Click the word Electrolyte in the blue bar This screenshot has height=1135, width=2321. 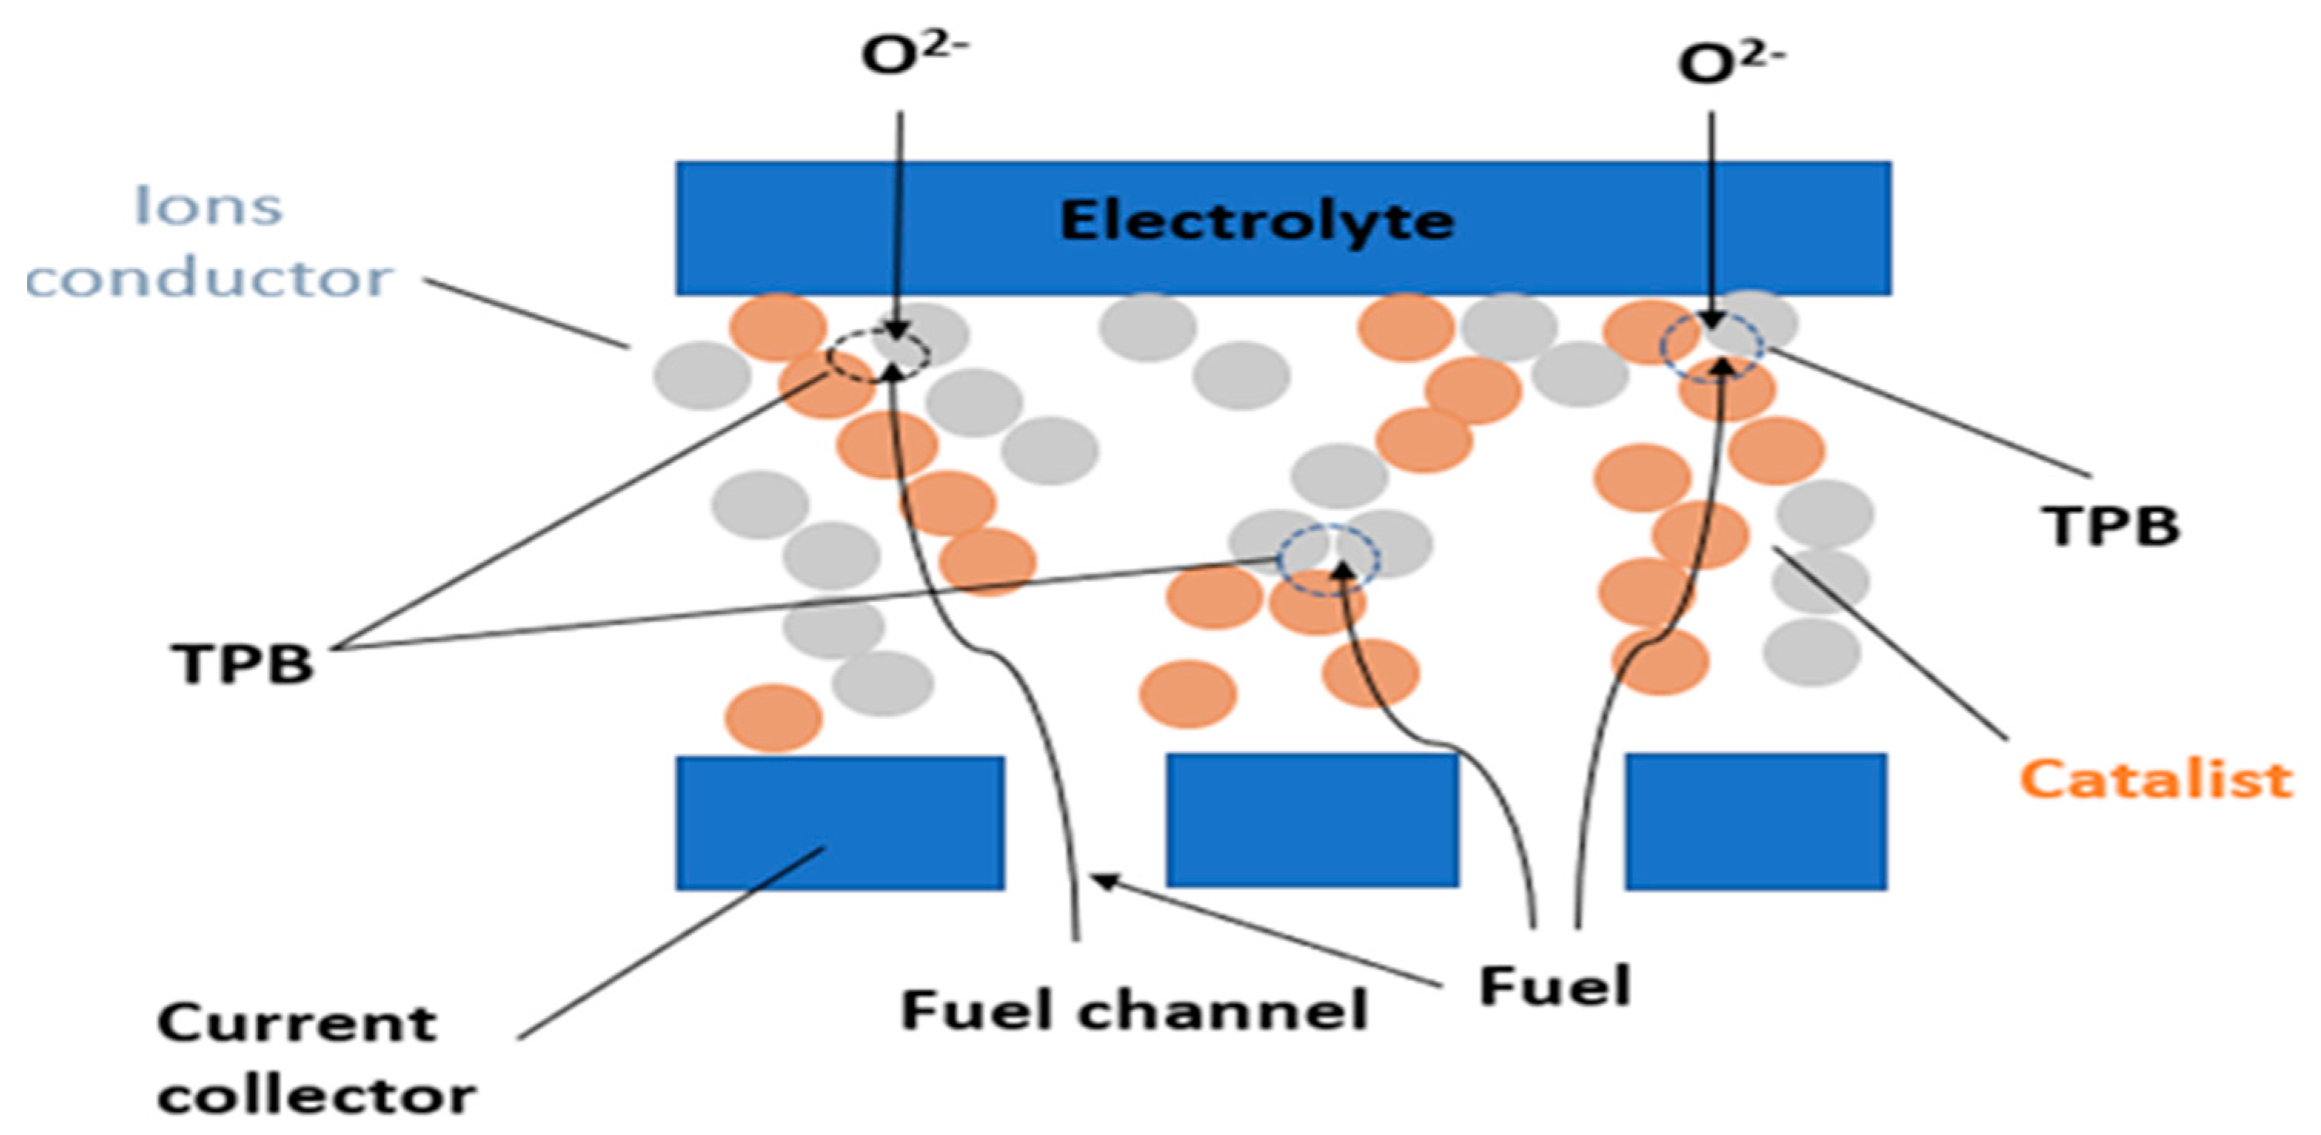[1256, 222]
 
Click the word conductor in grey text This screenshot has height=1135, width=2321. [209, 277]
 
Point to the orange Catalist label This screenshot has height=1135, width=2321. [2155, 780]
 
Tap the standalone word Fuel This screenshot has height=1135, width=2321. [1555, 986]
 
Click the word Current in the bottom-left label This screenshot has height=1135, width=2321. [297, 1024]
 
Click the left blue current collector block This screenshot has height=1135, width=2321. [840, 823]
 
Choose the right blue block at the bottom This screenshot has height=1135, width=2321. [1755, 821]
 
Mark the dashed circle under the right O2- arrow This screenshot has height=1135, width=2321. [1712, 346]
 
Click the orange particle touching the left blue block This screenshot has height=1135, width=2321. [774, 717]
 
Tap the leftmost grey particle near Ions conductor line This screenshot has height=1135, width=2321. [701, 376]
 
